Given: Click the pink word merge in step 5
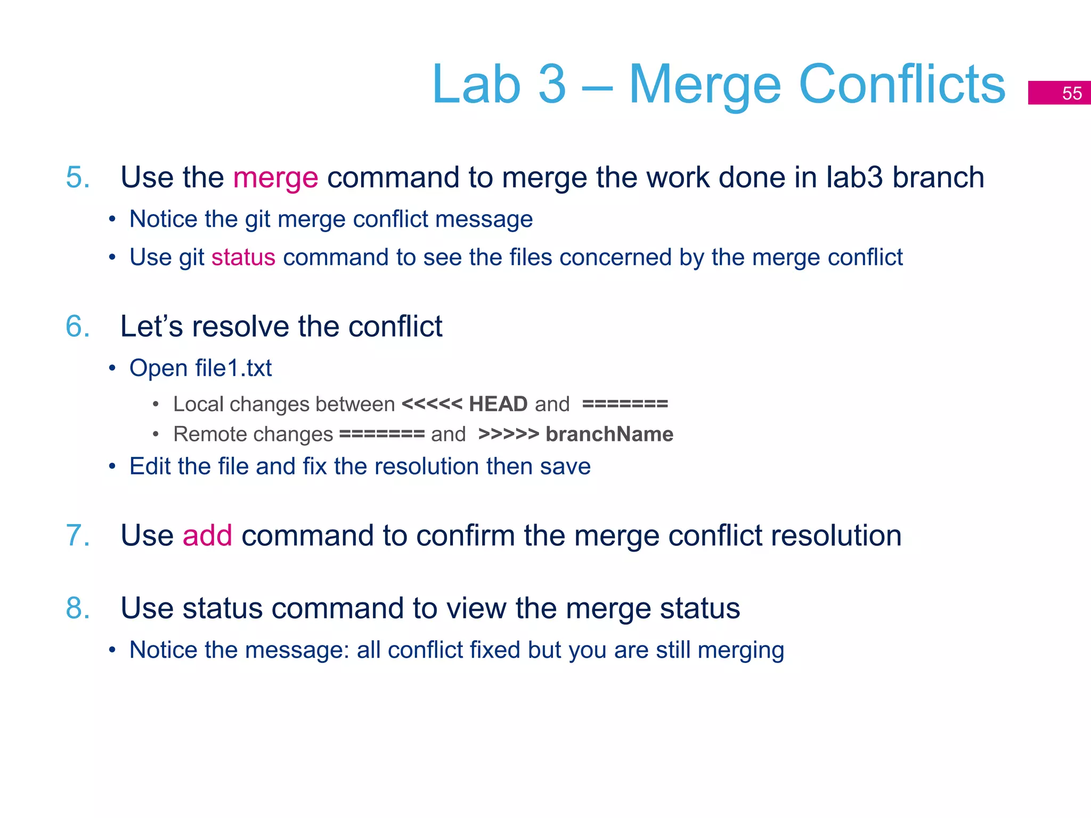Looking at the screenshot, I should point(275,178).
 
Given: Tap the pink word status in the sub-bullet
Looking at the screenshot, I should point(243,258).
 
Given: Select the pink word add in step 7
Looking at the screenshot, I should point(207,536).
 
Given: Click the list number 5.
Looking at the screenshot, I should point(77,177).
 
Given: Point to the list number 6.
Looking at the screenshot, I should point(77,326).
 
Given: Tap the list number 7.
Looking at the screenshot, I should point(77,536).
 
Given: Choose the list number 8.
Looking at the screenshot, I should point(77,608).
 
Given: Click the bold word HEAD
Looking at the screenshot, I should point(498,404).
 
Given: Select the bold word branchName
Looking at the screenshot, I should point(609,435).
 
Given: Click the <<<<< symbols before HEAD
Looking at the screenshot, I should point(432,404).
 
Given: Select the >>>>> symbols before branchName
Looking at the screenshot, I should point(509,435).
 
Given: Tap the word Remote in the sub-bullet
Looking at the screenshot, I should point(204,435).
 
